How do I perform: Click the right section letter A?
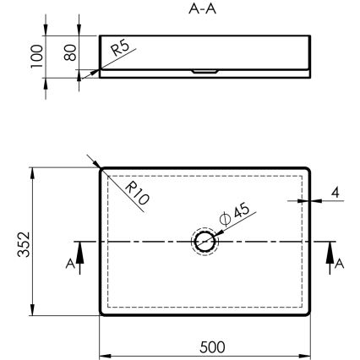[x=340, y=264]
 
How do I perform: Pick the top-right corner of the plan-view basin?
[x=310, y=168]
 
